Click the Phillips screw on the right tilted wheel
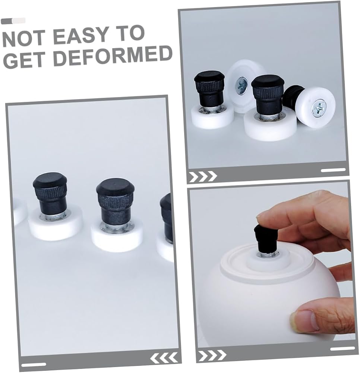(320, 108)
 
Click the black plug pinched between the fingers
(266, 239)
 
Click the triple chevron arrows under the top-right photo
(203, 176)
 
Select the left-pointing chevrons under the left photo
(164, 358)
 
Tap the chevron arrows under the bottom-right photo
(212, 355)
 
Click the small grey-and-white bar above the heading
(13, 21)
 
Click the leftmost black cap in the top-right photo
(209, 89)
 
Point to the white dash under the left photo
(34, 365)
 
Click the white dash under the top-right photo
(333, 170)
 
